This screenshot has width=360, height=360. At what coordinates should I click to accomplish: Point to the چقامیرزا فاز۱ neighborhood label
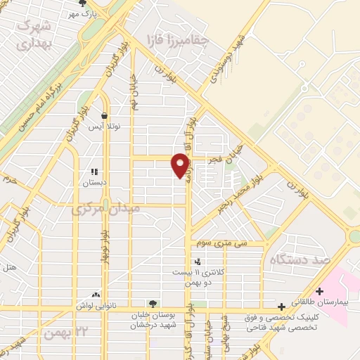click(175, 39)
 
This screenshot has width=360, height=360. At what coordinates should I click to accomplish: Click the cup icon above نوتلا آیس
click(104, 116)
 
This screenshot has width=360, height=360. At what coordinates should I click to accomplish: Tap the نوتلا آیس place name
click(104, 127)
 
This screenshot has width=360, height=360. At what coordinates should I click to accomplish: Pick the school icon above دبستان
click(94, 172)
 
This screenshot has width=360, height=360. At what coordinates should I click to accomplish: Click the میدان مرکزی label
click(105, 209)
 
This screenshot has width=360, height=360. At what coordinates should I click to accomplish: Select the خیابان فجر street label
click(229, 153)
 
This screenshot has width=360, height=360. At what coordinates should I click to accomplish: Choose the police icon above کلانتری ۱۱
click(196, 261)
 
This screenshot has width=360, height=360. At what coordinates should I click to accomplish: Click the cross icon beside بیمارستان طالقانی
click(320, 291)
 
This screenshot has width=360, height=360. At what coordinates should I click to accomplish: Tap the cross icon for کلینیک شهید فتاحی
click(282, 307)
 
